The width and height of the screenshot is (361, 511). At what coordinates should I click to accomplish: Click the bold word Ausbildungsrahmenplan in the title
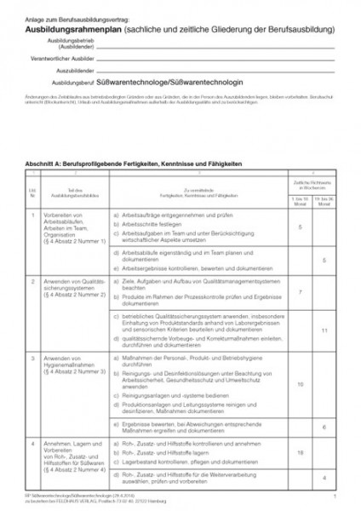click(72, 28)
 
